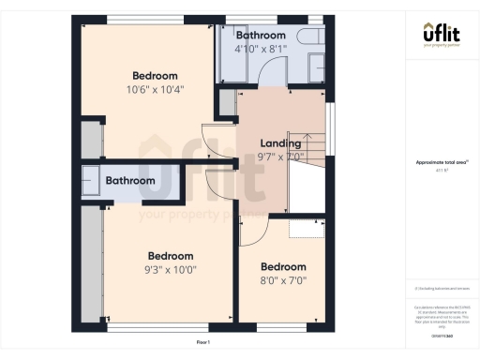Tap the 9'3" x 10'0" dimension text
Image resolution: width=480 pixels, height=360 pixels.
[x=170, y=270]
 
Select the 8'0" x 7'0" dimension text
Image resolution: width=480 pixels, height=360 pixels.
[x=283, y=279]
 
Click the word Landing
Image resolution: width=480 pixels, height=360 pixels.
[x=279, y=143]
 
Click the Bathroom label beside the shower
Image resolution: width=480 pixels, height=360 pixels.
[x=129, y=181]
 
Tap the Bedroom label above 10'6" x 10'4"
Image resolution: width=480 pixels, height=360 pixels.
[x=155, y=76]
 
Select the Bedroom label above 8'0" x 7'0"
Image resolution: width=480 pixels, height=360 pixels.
[x=283, y=266]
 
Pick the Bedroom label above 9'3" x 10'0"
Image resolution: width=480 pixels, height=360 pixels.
[x=171, y=256]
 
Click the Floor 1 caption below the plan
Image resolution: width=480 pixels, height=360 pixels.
[x=203, y=342]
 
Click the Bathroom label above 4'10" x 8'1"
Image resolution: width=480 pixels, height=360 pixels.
[x=261, y=34]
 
